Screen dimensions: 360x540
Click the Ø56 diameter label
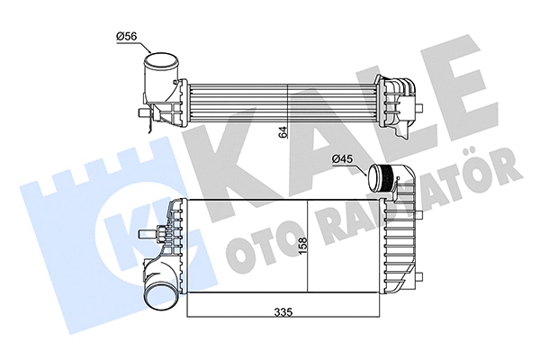coord(126,36)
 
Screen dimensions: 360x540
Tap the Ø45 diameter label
coord(344,159)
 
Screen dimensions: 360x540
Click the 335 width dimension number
coord(283,312)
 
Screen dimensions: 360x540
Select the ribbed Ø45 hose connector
coord(384,181)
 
